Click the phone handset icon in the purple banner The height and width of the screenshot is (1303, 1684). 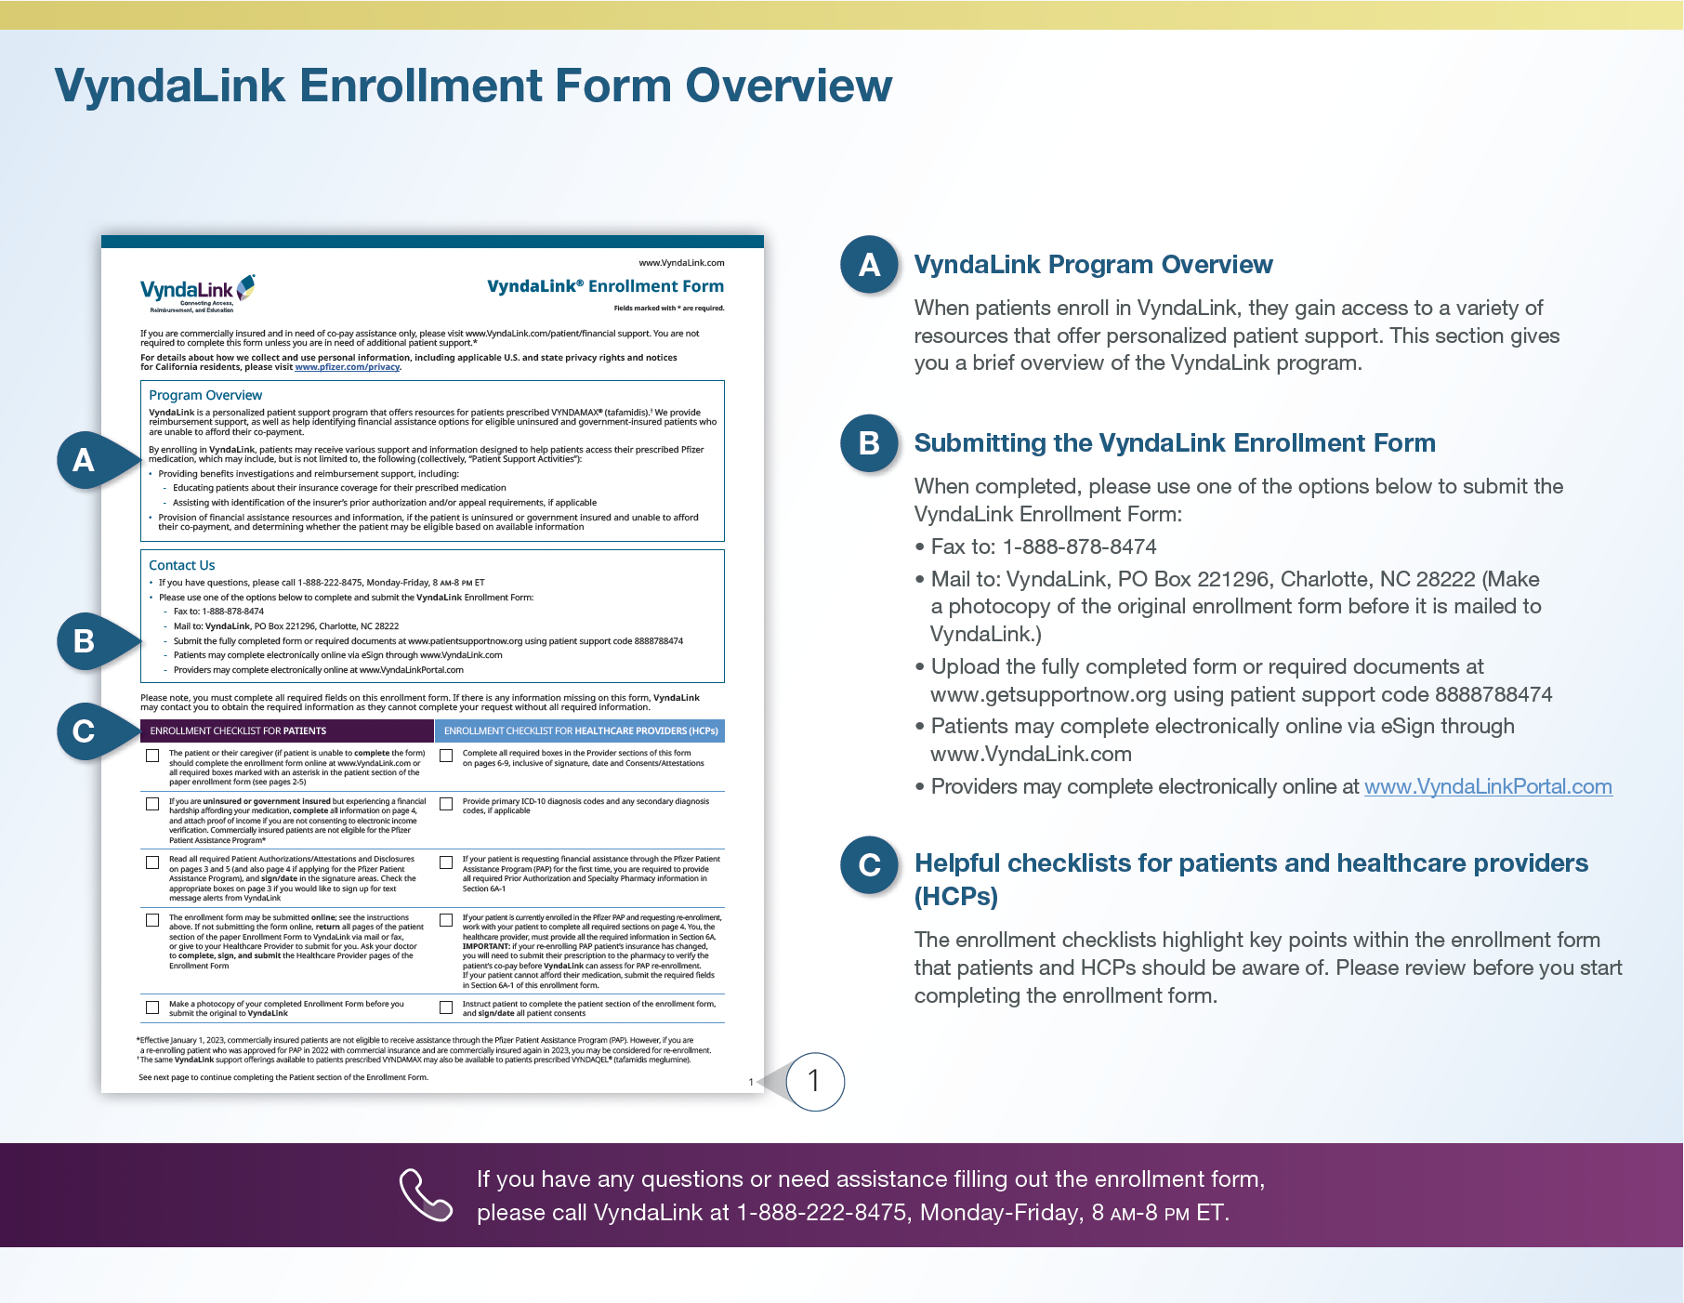(426, 1194)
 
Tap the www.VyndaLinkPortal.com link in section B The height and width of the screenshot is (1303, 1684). (1487, 787)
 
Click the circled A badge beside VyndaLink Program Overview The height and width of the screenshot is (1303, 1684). (869, 265)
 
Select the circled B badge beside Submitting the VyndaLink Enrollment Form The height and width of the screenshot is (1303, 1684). (869, 443)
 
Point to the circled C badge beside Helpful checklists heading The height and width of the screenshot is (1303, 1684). (869, 865)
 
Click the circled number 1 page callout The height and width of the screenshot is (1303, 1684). (814, 1081)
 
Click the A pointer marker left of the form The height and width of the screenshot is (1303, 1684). (85, 460)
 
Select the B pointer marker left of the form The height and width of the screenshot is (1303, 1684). (85, 641)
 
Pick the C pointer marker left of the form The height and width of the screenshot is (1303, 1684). (85, 731)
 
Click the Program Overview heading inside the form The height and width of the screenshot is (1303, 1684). (205, 396)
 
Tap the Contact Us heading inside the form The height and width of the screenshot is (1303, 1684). (182, 565)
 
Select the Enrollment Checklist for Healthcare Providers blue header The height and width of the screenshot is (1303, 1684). (580, 731)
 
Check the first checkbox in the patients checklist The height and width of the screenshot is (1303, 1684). (152, 756)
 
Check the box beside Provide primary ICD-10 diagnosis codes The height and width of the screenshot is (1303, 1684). (446, 804)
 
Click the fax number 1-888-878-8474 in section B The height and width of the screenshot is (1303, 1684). (1079, 547)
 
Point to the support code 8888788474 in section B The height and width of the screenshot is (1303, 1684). (1493, 695)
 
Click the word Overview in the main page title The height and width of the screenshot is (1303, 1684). (788, 86)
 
